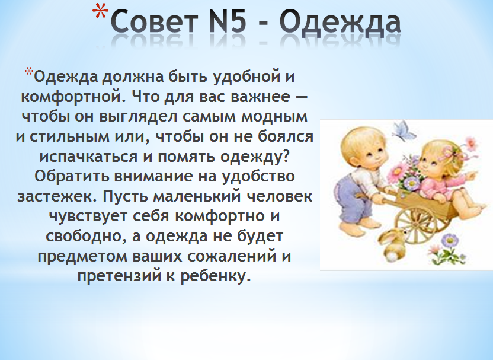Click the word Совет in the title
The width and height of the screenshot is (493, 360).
coord(155,22)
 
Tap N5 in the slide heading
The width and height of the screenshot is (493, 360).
coord(227,21)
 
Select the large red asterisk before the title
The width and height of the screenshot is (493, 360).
coord(100,15)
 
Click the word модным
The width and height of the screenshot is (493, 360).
coord(274,117)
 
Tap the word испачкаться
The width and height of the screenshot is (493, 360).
coord(88,157)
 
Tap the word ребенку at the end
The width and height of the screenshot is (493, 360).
coord(216,276)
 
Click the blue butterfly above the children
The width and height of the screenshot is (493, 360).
coord(404,130)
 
